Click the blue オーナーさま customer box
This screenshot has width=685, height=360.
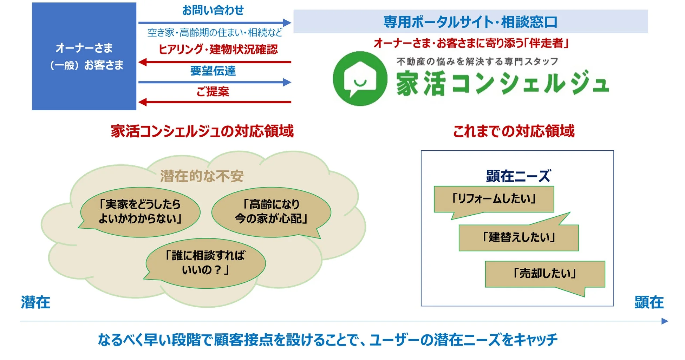[84, 56]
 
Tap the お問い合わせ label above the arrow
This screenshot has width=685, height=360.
[213, 10]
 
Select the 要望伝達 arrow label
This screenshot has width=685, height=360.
[213, 71]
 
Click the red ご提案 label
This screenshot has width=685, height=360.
[213, 92]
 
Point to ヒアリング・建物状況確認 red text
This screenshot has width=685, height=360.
[218, 49]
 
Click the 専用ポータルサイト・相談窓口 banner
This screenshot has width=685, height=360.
[470, 22]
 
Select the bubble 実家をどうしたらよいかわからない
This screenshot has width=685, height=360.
[140, 212]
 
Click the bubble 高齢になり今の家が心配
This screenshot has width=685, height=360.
[271, 212]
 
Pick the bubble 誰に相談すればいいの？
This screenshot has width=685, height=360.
[205, 263]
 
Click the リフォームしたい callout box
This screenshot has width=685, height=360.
[494, 199]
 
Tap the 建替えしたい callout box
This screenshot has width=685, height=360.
[518, 237]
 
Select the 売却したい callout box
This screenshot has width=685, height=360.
[545, 274]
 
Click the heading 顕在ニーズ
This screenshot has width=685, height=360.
[518, 176]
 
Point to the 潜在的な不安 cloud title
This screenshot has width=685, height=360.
[202, 176]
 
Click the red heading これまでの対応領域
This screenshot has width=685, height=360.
[514, 131]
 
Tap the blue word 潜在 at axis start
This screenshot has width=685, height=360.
[35, 302]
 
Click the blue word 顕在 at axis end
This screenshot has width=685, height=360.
[649, 302]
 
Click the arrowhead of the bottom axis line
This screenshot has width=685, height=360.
[664, 321]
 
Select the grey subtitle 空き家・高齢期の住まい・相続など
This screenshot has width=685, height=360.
[215, 33]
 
